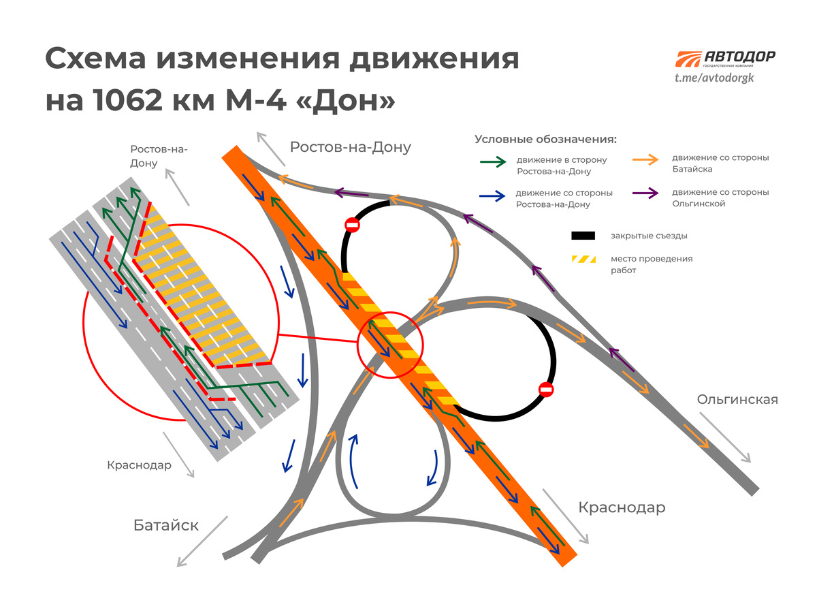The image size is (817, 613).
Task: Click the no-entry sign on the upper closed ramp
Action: click(x=352, y=225)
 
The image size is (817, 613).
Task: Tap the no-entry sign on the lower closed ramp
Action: click(x=546, y=389)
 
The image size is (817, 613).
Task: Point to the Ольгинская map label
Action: click(x=737, y=400)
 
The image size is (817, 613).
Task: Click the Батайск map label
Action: click(x=166, y=525)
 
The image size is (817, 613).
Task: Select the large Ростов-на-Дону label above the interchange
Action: click(x=351, y=147)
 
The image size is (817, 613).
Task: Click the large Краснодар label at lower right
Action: click(x=622, y=507)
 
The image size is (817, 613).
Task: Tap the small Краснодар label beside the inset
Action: click(x=139, y=465)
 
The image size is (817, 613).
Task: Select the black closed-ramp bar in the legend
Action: click(x=583, y=236)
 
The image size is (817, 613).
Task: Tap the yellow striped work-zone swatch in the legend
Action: click(x=583, y=260)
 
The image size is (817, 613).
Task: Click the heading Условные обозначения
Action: click(x=545, y=140)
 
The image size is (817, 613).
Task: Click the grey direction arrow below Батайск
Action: click(x=202, y=541)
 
